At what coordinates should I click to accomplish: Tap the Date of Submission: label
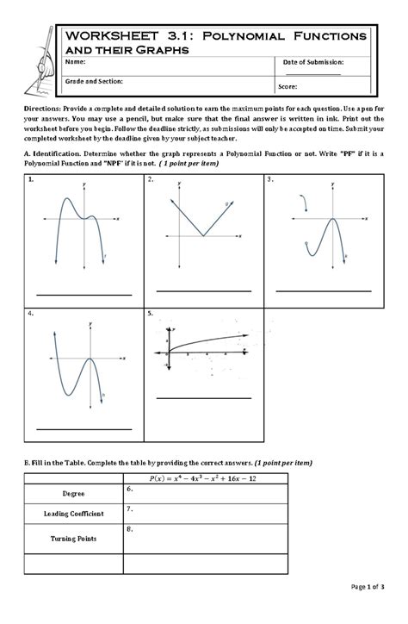pos(313,63)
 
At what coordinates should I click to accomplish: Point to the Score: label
pos(287,87)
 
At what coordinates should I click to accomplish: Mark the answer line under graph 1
pos(83,295)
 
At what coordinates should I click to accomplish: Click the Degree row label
pos(73,494)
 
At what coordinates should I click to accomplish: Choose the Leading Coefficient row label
pos(73,514)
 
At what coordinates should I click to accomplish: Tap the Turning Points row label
pos(73,538)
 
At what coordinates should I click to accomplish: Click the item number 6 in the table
pos(128,489)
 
